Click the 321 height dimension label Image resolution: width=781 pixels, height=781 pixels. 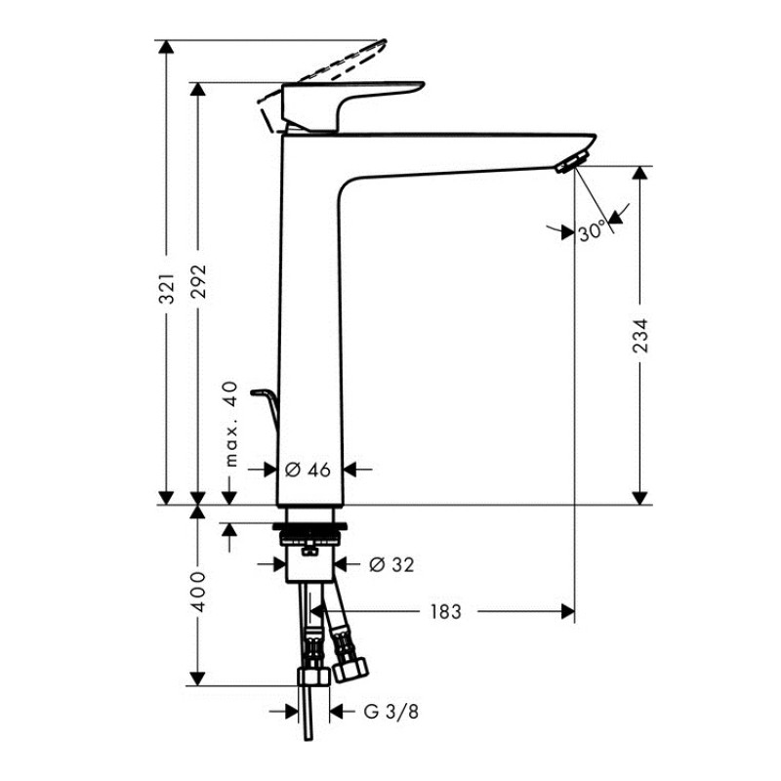(x=167, y=288)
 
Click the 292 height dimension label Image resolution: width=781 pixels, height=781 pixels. (x=199, y=281)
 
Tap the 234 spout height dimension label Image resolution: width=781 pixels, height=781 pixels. (x=640, y=336)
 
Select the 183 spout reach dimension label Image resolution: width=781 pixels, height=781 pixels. (x=446, y=612)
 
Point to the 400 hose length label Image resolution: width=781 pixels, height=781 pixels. (x=198, y=593)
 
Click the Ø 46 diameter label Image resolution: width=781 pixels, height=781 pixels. (x=308, y=470)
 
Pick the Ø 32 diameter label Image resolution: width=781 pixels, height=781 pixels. (x=391, y=565)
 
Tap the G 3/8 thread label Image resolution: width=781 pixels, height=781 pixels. (x=391, y=712)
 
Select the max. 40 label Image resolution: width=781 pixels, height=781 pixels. (x=230, y=424)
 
